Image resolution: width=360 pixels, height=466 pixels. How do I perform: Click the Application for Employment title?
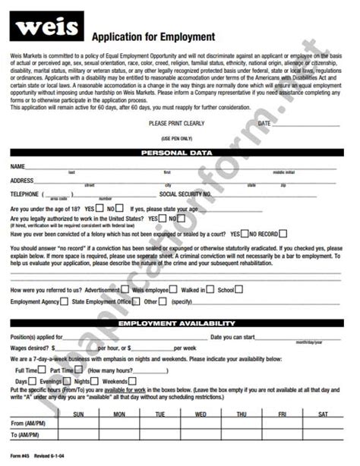click(x=153, y=36)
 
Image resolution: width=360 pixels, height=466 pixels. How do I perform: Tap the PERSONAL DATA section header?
click(x=180, y=153)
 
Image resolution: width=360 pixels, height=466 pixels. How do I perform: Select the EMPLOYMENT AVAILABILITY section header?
click(x=180, y=324)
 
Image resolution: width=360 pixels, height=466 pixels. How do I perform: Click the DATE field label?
click(x=264, y=122)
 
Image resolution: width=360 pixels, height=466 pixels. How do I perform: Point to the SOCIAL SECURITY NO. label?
click(x=185, y=194)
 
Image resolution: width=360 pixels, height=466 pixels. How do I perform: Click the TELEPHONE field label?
click(x=24, y=194)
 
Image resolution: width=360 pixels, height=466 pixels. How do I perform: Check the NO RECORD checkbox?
click(x=245, y=234)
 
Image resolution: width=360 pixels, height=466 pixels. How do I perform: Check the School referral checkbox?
click(x=240, y=289)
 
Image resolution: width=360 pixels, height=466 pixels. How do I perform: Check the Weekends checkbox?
click(x=133, y=381)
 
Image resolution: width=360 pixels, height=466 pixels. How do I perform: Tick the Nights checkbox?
click(x=96, y=381)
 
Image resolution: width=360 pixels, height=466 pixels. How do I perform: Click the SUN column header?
click(x=77, y=414)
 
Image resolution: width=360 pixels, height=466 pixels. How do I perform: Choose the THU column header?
click(x=242, y=414)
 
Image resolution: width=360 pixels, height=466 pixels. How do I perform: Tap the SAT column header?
click(x=323, y=414)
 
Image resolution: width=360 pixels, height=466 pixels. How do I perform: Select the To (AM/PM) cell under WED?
click(x=201, y=435)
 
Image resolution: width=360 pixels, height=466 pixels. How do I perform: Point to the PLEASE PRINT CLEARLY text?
click(x=177, y=122)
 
